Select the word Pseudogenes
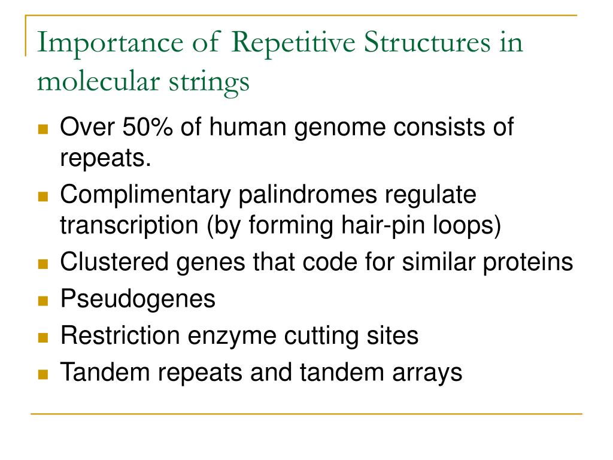point(138,299)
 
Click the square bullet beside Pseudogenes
point(43,300)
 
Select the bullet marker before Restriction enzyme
point(43,337)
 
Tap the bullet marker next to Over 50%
point(43,129)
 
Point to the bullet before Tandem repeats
point(43,374)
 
